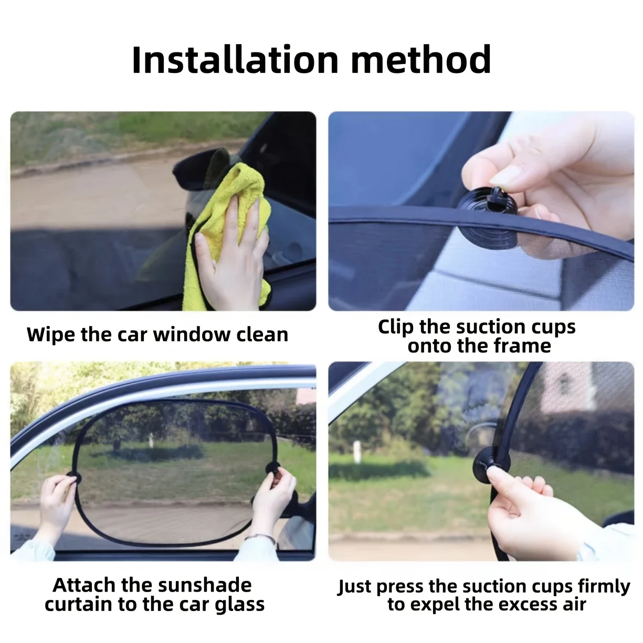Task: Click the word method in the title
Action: point(421,60)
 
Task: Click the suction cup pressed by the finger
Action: point(492,465)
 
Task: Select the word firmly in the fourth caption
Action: point(604,587)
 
